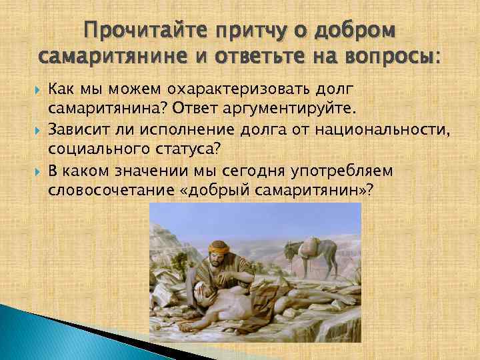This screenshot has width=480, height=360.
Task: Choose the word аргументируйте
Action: pos(302,107)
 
